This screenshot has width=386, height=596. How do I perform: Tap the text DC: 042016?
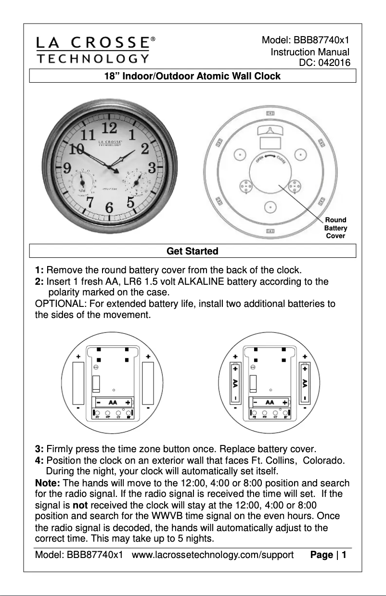pyautogui.click(x=324, y=62)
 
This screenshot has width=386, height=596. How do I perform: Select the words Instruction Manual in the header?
pyautogui.click(x=309, y=52)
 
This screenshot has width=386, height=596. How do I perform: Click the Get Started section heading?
pyautogui.click(x=192, y=251)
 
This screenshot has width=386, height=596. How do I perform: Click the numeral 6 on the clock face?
pyautogui.click(x=109, y=208)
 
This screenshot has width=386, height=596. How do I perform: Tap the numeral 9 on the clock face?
pyautogui.click(x=68, y=168)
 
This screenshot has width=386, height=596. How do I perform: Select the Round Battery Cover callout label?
pyautogui.click(x=335, y=228)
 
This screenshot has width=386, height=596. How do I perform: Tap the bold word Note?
pyautogui.click(x=48, y=483)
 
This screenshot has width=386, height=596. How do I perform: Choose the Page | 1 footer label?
pyautogui.click(x=329, y=556)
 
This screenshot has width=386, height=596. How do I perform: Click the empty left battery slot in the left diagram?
pyautogui.click(x=78, y=383)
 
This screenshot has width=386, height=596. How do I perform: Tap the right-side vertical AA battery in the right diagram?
pyautogui.click(x=305, y=383)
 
